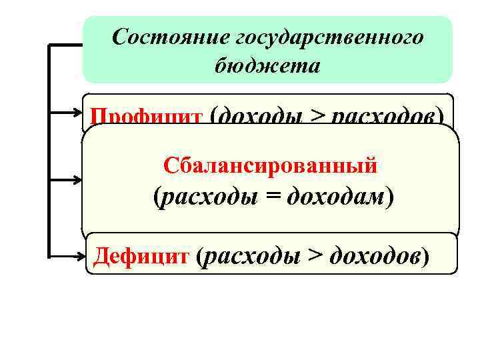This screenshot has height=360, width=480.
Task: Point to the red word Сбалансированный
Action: pyautogui.click(x=270, y=164)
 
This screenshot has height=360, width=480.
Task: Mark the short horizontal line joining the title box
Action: pyautogui.click(x=65, y=45)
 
